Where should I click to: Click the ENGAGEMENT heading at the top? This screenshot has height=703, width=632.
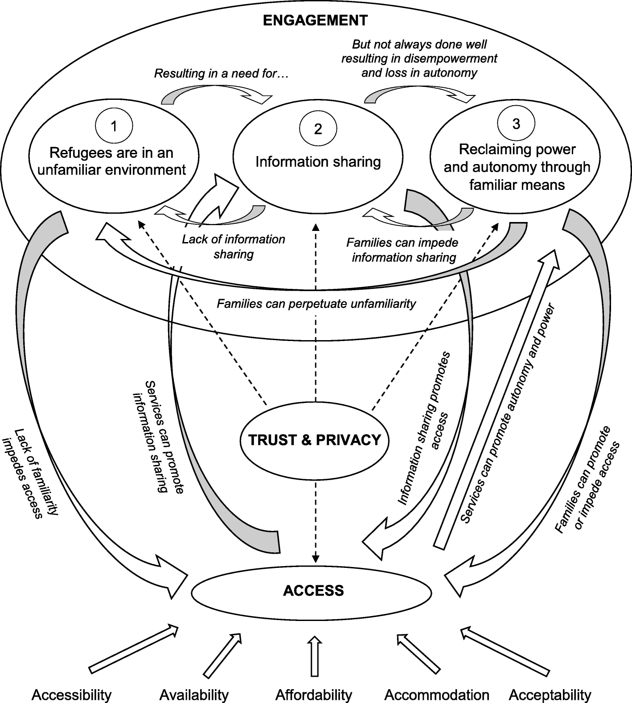(x=315, y=21)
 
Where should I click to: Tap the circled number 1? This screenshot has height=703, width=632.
(x=114, y=127)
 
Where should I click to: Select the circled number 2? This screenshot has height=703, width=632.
(x=318, y=129)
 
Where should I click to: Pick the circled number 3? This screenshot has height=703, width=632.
(x=516, y=124)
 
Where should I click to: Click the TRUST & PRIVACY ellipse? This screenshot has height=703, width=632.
(x=315, y=440)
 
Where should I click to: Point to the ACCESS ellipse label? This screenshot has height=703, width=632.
(x=313, y=591)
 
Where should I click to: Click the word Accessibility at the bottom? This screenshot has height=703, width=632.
(x=71, y=695)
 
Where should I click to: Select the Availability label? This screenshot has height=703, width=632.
(x=194, y=695)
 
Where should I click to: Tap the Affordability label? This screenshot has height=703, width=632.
(x=314, y=695)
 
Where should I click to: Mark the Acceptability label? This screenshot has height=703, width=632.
(x=550, y=695)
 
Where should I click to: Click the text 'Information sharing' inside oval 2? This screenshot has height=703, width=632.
(x=318, y=161)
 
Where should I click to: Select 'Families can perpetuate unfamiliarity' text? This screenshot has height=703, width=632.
(x=316, y=304)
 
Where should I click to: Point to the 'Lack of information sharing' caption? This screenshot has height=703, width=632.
(x=234, y=247)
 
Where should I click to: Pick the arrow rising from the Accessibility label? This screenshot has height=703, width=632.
(x=134, y=649)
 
